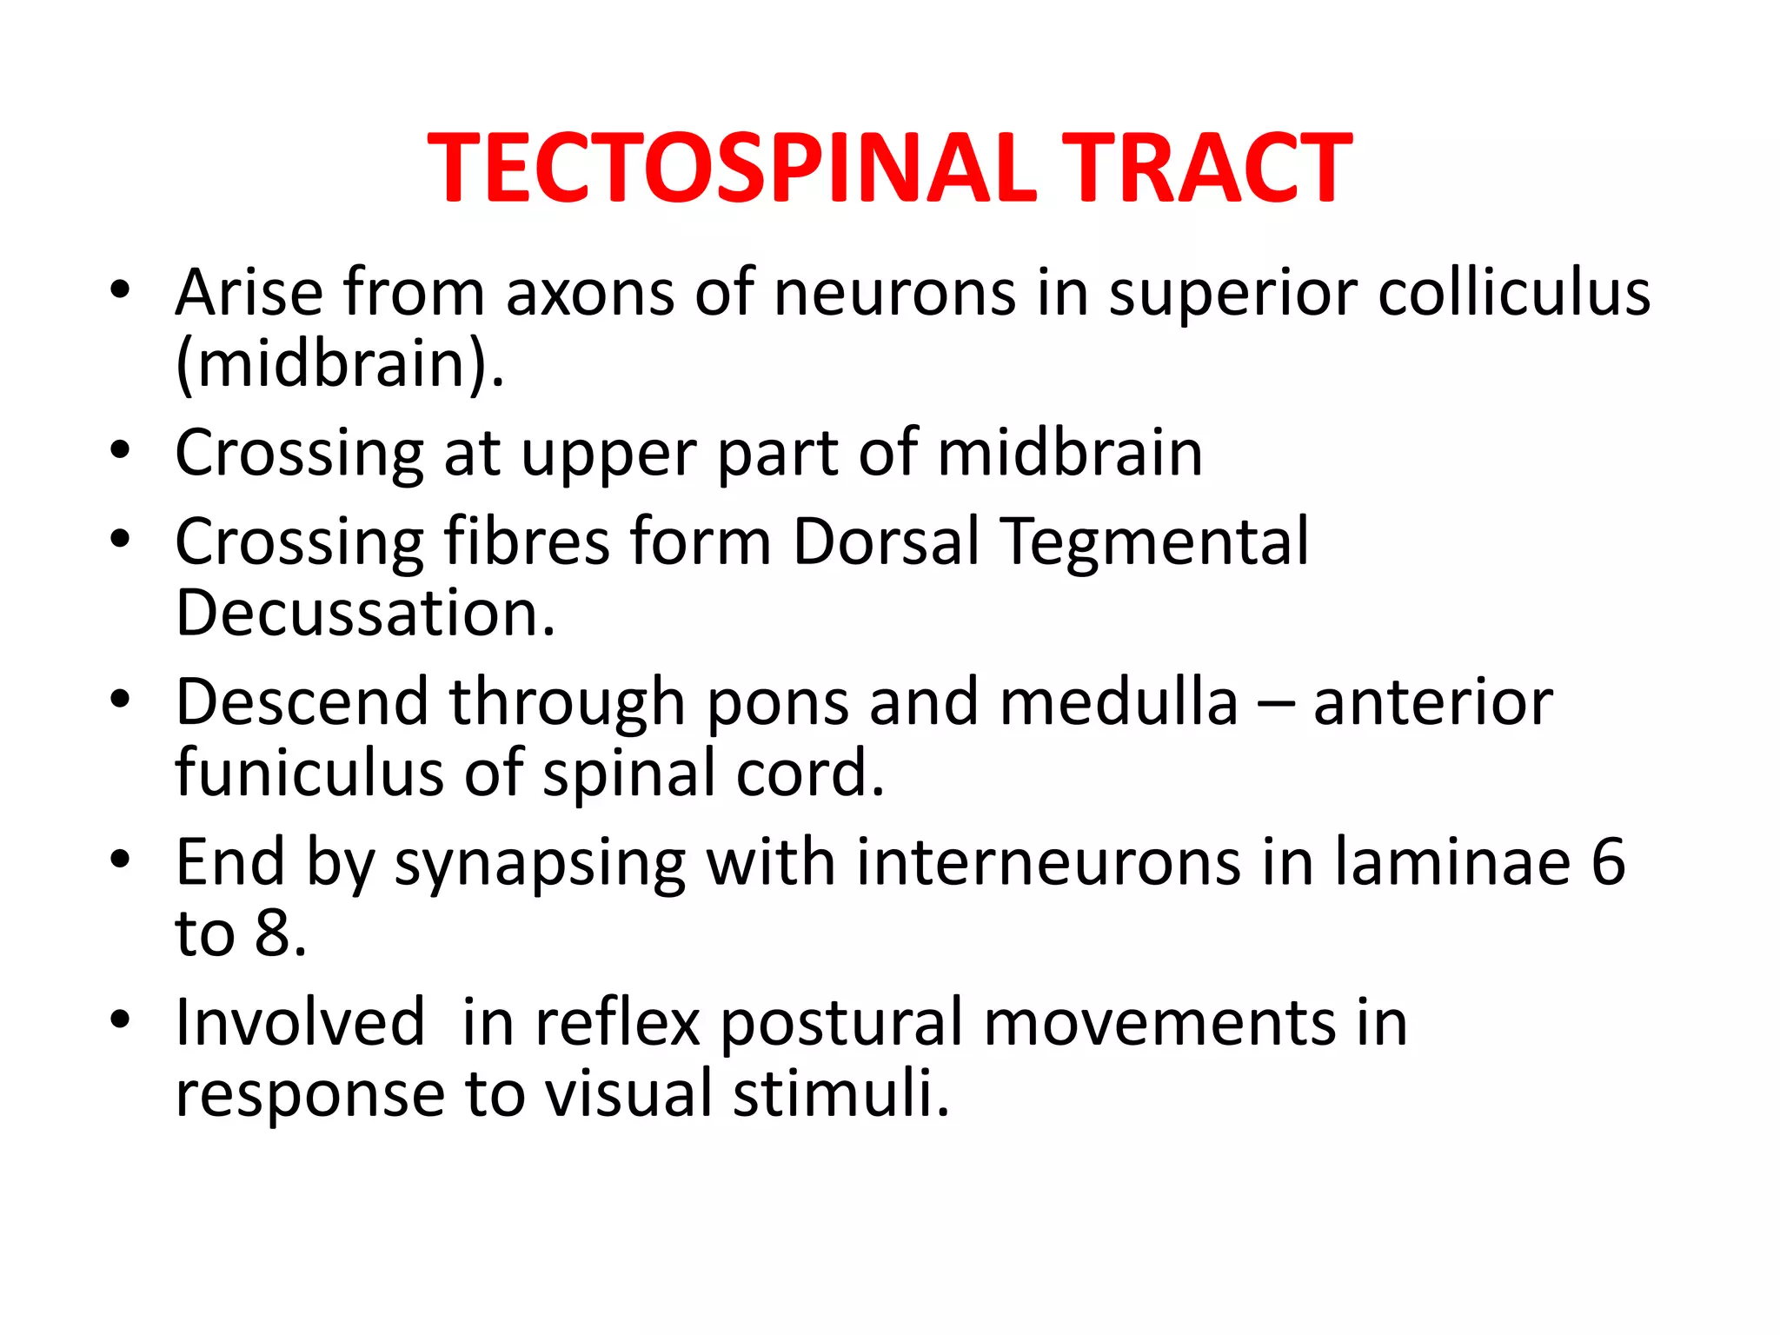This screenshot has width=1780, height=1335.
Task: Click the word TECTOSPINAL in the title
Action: point(732,168)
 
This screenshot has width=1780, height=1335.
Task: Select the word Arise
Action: point(249,292)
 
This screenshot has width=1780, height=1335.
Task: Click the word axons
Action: point(590,294)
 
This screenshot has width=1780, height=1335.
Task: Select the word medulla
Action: point(1119,702)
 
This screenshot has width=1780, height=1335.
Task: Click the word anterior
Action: point(1432,702)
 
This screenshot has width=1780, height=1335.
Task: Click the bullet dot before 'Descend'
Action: point(120,699)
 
